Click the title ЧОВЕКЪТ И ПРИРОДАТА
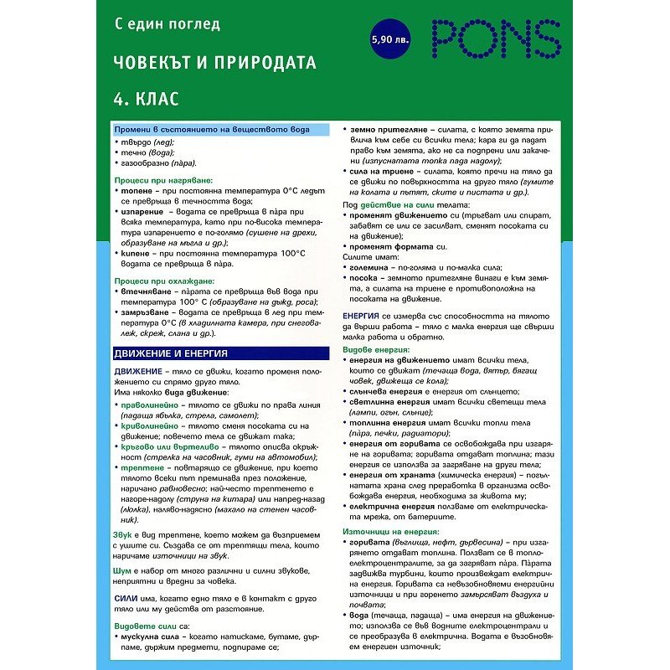(215, 63)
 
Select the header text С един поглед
(167, 24)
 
